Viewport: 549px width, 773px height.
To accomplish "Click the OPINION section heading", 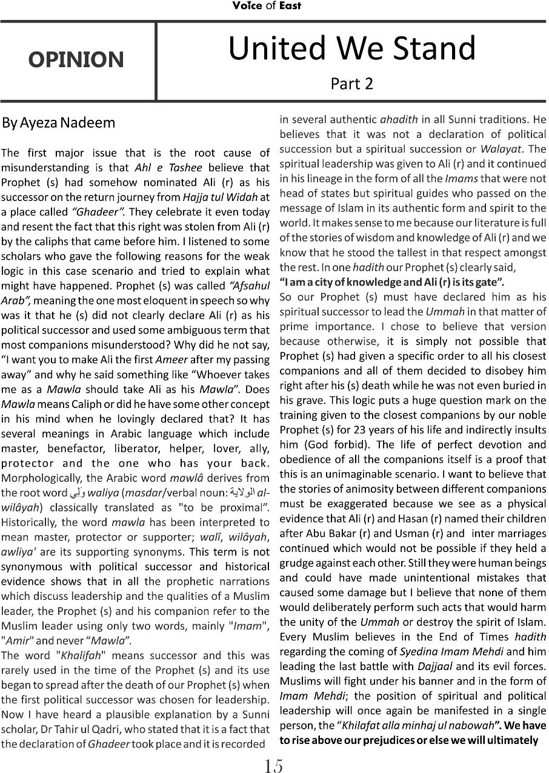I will [x=76, y=60].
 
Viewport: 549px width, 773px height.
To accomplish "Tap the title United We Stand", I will [x=351, y=48].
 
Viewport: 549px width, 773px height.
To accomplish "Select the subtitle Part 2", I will [x=351, y=84].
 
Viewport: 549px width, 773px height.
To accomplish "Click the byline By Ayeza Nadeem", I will [x=58, y=123].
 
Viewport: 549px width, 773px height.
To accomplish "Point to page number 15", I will [x=273, y=766].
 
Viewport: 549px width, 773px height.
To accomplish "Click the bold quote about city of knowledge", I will [x=391, y=281].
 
